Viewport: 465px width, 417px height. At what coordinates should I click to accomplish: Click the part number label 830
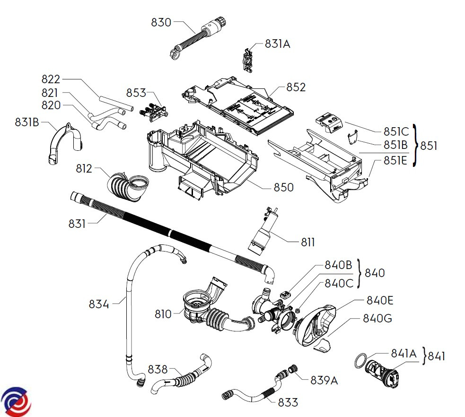[161, 22]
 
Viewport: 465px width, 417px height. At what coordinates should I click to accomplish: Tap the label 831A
[277, 44]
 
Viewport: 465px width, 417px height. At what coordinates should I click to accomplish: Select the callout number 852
[296, 87]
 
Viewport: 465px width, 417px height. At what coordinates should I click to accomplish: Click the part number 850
[284, 187]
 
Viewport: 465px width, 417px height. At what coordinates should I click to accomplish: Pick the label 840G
[377, 318]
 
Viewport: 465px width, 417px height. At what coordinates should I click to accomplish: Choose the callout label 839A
[324, 380]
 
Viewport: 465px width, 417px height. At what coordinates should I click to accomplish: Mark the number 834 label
[99, 304]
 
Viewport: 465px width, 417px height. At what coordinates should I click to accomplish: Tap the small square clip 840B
[285, 295]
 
